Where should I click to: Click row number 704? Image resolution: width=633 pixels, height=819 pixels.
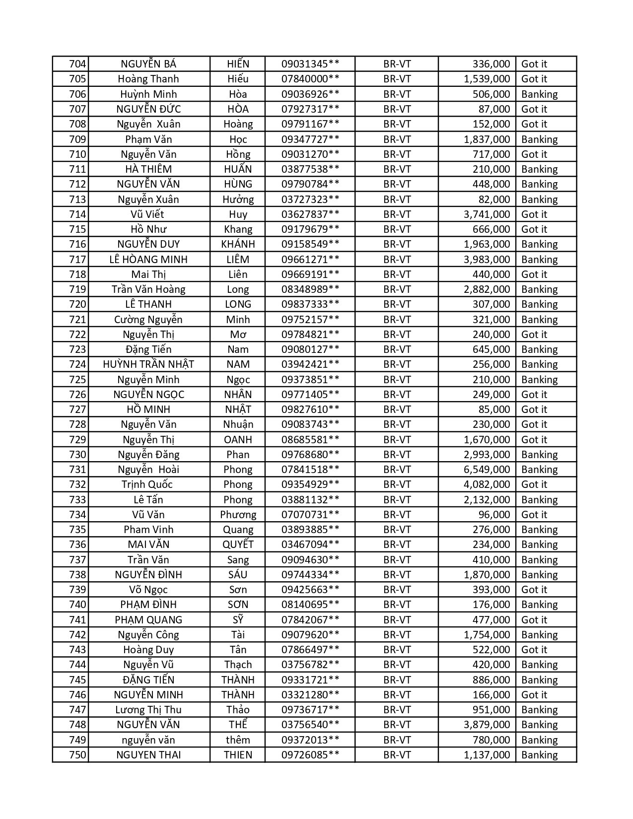tap(77, 64)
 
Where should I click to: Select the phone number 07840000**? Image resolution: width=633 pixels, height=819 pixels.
tap(310, 79)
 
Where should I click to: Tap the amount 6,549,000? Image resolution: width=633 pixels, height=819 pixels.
tap(487, 470)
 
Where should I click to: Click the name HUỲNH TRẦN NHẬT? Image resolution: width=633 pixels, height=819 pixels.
tap(148, 364)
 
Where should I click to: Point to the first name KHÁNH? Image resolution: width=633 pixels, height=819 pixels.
tap(238, 244)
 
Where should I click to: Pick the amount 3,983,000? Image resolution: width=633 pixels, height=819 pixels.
tap(487, 259)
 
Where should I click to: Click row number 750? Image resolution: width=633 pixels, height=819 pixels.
tap(77, 755)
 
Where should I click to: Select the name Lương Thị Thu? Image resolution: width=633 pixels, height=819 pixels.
tap(148, 710)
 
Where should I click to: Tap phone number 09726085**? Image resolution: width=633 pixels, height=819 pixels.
tap(310, 755)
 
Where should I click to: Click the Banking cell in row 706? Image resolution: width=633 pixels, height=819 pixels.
tap(539, 94)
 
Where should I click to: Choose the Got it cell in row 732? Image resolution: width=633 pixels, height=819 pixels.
tap(534, 484)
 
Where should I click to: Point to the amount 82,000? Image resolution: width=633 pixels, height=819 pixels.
tap(492, 200)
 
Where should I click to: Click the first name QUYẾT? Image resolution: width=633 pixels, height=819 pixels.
tap(238, 545)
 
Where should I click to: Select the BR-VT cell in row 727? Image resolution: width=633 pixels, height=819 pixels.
tap(397, 409)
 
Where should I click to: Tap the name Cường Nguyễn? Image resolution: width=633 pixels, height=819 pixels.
tap(148, 320)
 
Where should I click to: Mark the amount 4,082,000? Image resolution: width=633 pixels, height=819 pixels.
tap(487, 484)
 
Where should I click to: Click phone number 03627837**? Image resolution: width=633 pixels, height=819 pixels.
tap(310, 214)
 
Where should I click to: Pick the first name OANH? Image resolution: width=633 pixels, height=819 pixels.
tap(238, 440)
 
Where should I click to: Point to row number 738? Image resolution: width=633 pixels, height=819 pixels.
tap(77, 575)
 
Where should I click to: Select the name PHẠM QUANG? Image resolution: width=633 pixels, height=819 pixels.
tap(148, 620)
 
